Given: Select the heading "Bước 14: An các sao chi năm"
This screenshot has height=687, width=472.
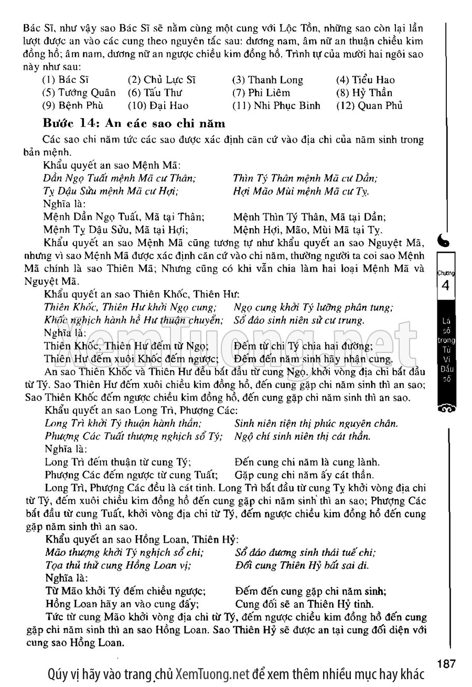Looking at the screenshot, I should click(x=135, y=124).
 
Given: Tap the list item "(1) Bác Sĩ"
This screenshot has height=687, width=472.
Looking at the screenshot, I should click(x=65, y=80).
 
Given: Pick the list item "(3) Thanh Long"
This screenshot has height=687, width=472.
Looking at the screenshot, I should click(x=267, y=80).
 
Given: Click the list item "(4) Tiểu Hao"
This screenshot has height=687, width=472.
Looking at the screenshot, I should click(x=366, y=80).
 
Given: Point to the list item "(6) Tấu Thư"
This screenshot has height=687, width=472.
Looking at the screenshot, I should click(x=155, y=93).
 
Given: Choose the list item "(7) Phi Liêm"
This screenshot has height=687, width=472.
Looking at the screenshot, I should click(x=261, y=93).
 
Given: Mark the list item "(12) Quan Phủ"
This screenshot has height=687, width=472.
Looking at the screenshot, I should click(x=369, y=105).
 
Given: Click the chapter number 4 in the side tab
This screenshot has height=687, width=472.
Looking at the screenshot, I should click(x=445, y=287).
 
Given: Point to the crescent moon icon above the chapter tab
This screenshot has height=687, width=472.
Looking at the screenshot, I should click(x=446, y=240).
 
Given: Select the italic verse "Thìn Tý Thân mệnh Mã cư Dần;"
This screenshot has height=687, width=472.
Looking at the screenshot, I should click(x=305, y=178).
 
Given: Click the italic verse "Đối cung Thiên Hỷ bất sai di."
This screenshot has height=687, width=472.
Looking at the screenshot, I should click(x=302, y=565).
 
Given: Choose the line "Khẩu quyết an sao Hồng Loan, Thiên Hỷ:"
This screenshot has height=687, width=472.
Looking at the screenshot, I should click(x=142, y=539).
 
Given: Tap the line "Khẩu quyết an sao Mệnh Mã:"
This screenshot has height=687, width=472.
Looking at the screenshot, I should click(x=112, y=165).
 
